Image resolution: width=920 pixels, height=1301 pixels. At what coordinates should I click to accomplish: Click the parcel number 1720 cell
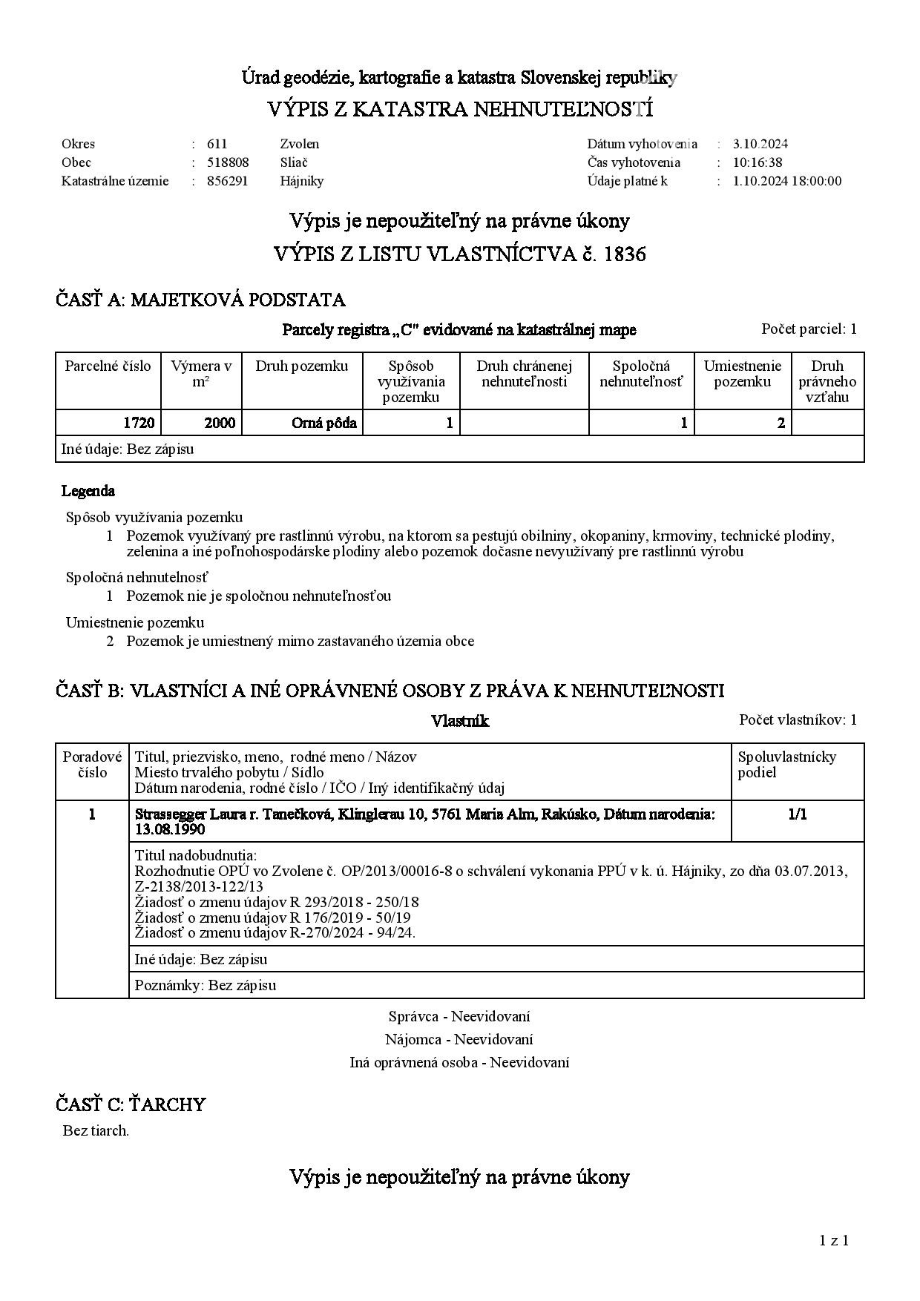click(x=139, y=423)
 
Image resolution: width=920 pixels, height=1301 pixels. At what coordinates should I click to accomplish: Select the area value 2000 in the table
click(x=220, y=423)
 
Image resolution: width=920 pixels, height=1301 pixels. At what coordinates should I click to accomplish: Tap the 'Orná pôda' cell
click(x=324, y=423)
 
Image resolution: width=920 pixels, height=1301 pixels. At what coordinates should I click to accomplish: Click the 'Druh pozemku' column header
click(x=301, y=366)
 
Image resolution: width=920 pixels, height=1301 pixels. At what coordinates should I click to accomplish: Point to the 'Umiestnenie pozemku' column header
click(x=742, y=374)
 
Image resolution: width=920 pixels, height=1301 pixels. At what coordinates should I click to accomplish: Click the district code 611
click(x=217, y=144)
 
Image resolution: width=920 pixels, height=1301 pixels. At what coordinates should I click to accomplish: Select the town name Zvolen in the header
click(x=300, y=144)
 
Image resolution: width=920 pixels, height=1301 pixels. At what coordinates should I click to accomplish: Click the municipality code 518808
click(x=228, y=162)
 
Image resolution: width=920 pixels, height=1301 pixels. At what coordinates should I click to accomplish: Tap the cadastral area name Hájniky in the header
click(x=302, y=181)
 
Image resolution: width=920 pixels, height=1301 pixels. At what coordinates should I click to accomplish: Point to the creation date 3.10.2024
click(x=760, y=144)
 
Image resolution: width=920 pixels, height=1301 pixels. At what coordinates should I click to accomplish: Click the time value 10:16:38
click(x=758, y=162)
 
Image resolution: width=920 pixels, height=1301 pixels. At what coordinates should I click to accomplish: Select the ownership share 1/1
click(x=798, y=814)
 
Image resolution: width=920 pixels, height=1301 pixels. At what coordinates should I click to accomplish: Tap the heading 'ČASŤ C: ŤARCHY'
click(x=131, y=1104)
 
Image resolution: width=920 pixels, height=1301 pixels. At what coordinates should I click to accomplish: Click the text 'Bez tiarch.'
click(x=96, y=1131)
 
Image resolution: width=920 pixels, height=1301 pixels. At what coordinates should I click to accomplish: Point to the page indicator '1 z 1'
click(x=834, y=1240)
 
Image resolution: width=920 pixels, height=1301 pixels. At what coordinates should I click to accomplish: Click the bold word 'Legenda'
click(x=88, y=491)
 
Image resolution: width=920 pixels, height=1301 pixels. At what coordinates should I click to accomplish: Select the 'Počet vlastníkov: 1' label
click(x=798, y=719)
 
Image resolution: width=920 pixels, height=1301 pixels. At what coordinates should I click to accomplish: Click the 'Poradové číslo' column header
click(x=92, y=764)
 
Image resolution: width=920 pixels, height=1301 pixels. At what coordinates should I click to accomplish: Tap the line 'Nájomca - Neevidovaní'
click(x=459, y=1039)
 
